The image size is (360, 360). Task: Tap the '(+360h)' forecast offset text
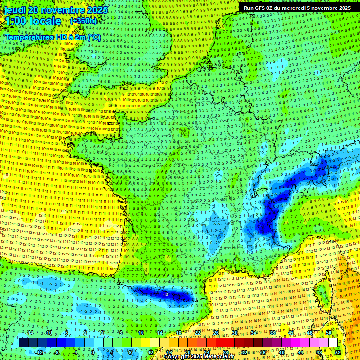click(83, 21)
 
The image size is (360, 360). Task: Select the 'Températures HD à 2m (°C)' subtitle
click(52, 37)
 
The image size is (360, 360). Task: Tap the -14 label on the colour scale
click(30, 333)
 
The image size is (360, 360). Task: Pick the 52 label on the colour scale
click(338, 352)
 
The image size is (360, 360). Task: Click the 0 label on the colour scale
click(92, 352)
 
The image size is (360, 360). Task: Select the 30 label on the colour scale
click(234, 333)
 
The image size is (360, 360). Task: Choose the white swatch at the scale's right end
click(333, 343)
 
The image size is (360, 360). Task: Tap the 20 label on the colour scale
click(188, 352)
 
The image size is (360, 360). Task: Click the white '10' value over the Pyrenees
click(166, 294)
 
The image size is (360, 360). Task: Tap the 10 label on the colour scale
click(140, 333)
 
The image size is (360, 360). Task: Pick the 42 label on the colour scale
click(291, 333)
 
